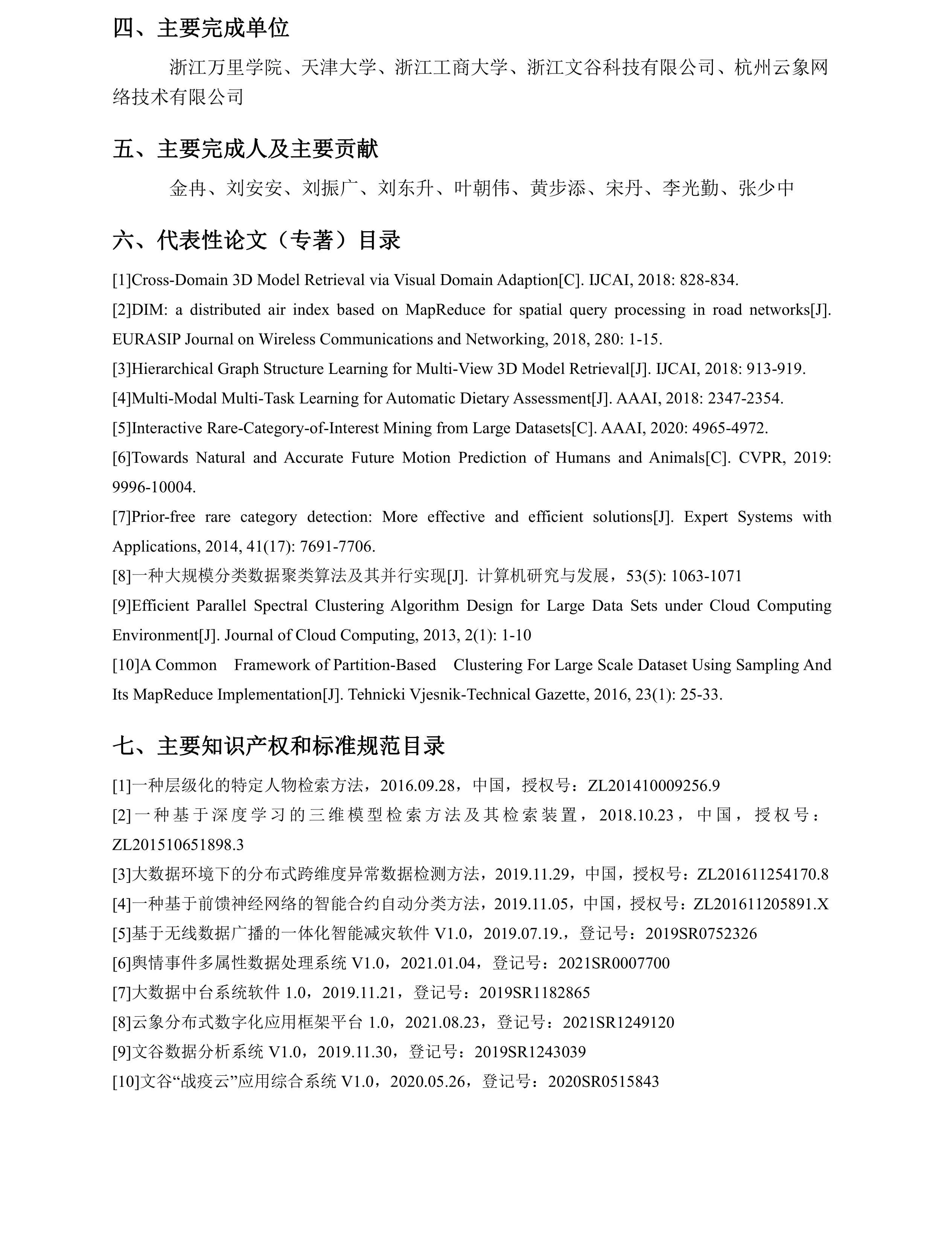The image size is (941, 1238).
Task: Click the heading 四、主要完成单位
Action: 201,27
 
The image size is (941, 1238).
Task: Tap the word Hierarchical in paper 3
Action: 172,369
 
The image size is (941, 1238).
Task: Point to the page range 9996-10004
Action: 154,487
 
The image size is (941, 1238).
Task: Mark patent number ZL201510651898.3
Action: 178,845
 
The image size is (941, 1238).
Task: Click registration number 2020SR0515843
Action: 603,1082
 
